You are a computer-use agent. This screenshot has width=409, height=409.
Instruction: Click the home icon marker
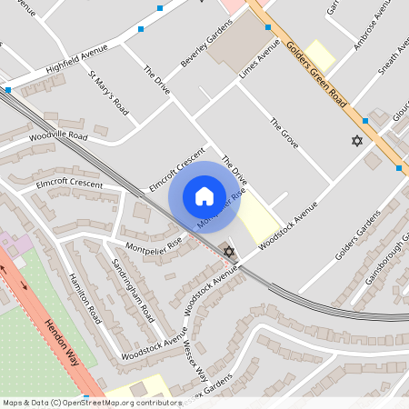pyautogui.click(x=204, y=196)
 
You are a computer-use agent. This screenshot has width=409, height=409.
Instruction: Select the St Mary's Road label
pyautogui.click(x=107, y=94)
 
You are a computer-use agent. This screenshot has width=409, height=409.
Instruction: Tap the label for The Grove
pyautogui.click(x=284, y=132)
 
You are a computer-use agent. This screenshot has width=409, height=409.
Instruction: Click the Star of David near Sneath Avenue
pyautogui.click(x=356, y=141)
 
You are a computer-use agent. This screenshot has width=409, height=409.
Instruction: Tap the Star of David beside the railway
pyautogui.click(x=229, y=251)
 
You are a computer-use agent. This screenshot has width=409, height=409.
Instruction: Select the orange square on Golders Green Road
pyautogui.click(x=399, y=167)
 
